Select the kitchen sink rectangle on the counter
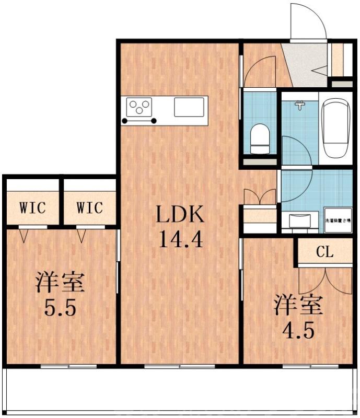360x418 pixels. (190, 107)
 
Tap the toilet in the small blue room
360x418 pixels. (259, 138)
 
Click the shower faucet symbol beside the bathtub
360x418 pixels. (299, 106)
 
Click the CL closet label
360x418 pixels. (324, 252)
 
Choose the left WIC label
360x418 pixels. (33, 207)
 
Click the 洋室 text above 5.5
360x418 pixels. (60, 283)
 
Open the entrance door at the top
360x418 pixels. (309, 21)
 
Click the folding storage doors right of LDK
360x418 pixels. (260, 197)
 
